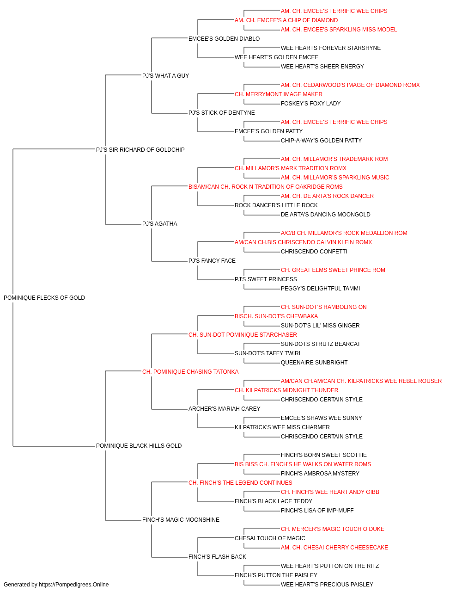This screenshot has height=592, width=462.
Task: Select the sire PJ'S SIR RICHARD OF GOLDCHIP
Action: [140, 150]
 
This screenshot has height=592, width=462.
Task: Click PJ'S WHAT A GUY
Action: [165, 76]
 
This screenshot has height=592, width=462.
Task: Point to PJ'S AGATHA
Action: [159, 224]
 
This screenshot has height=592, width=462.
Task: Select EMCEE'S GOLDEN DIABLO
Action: [224, 39]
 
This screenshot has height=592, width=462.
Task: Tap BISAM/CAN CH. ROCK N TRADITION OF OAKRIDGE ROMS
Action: [265, 187]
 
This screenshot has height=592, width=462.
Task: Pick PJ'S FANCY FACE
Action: [212, 261]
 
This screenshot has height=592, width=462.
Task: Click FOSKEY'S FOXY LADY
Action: [310, 104]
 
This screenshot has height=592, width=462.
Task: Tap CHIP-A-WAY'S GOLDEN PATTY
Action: [321, 141]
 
